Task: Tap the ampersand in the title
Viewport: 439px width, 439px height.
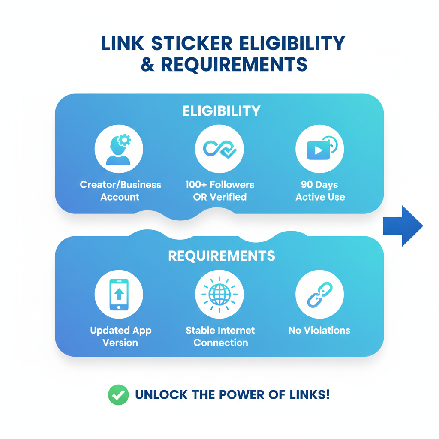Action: pyautogui.click(x=147, y=64)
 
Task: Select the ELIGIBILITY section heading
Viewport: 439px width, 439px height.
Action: pyautogui.click(x=221, y=111)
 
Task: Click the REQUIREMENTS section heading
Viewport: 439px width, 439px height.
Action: pyautogui.click(x=221, y=256)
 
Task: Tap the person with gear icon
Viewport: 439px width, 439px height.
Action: pyautogui.click(x=119, y=149)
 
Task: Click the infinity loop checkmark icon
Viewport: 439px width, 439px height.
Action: pyautogui.click(x=219, y=149)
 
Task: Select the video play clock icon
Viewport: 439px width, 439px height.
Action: pyautogui.click(x=320, y=149)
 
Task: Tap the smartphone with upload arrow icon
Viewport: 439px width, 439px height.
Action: pyautogui.click(x=119, y=294)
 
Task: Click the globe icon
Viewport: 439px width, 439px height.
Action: pyautogui.click(x=219, y=294)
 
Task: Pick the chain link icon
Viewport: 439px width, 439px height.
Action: pyautogui.click(x=320, y=294)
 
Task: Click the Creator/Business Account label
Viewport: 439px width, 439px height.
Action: pyautogui.click(x=120, y=191)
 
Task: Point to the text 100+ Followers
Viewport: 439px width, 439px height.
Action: pyautogui.click(x=219, y=185)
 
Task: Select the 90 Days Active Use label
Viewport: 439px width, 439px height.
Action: pyautogui.click(x=320, y=191)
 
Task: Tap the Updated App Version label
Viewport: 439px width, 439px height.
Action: pyautogui.click(x=120, y=336)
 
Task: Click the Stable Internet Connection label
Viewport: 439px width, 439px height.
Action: pyautogui.click(x=220, y=336)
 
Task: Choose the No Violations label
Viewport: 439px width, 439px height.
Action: pyautogui.click(x=319, y=330)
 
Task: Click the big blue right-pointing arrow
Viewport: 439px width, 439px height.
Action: pyautogui.click(x=402, y=226)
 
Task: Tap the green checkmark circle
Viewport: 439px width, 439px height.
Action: pyautogui.click(x=118, y=394)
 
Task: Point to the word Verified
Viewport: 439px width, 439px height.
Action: pyautogui.click(x=232, y=197)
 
